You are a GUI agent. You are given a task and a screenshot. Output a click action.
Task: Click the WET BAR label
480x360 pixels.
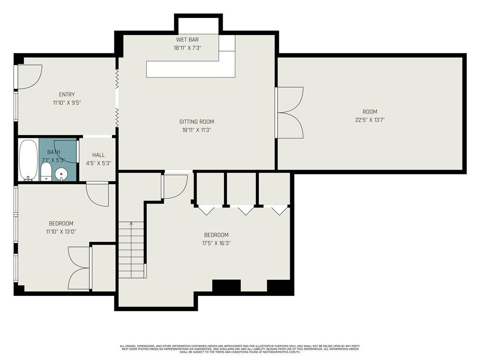(x=187, y=40)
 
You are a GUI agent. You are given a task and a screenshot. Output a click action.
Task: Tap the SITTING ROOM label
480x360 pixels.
(x=196, y=122)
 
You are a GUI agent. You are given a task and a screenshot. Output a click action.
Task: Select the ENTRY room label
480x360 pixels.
(x=67, y=95)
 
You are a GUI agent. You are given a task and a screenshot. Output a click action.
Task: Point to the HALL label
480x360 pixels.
(x=98, y=155)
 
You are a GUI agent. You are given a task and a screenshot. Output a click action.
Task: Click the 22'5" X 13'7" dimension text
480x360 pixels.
(x=370, y=120)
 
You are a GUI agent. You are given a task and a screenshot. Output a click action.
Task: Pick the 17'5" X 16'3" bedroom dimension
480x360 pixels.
(x=216, y=243)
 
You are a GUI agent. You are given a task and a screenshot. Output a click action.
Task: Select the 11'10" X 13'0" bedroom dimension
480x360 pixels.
(x=61, y=232)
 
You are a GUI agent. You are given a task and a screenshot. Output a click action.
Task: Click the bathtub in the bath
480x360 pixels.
(x=29, y=160)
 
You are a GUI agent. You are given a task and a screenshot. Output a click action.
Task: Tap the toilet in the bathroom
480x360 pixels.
(x=46, y=172)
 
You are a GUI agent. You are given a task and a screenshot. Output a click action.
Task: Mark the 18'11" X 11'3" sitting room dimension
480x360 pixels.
(x=196, y=130)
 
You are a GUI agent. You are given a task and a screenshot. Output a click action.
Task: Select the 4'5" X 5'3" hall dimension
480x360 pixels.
(x=98, y=164)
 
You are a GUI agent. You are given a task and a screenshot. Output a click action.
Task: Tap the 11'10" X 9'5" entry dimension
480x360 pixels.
(x=67, y=103)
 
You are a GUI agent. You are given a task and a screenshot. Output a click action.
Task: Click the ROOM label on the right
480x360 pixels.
(x=370, y=112)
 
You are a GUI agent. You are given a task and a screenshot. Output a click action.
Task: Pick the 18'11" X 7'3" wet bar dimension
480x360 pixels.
(x=187, y=48)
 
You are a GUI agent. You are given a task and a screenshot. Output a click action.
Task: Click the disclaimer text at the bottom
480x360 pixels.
(x=240, y=349)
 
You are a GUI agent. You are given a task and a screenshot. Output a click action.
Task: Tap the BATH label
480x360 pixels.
(x=54, y=152)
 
